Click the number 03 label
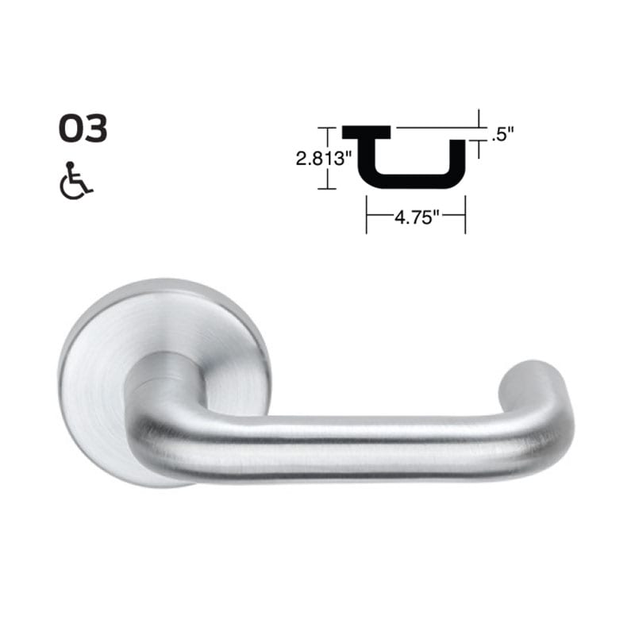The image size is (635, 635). click(83, 129)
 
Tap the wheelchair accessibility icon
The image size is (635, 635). click(76, 181)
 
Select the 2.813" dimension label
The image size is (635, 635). click(324, 158)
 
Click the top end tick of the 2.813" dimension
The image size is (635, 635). click(322, 127)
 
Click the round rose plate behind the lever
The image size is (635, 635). click(103, 349)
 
